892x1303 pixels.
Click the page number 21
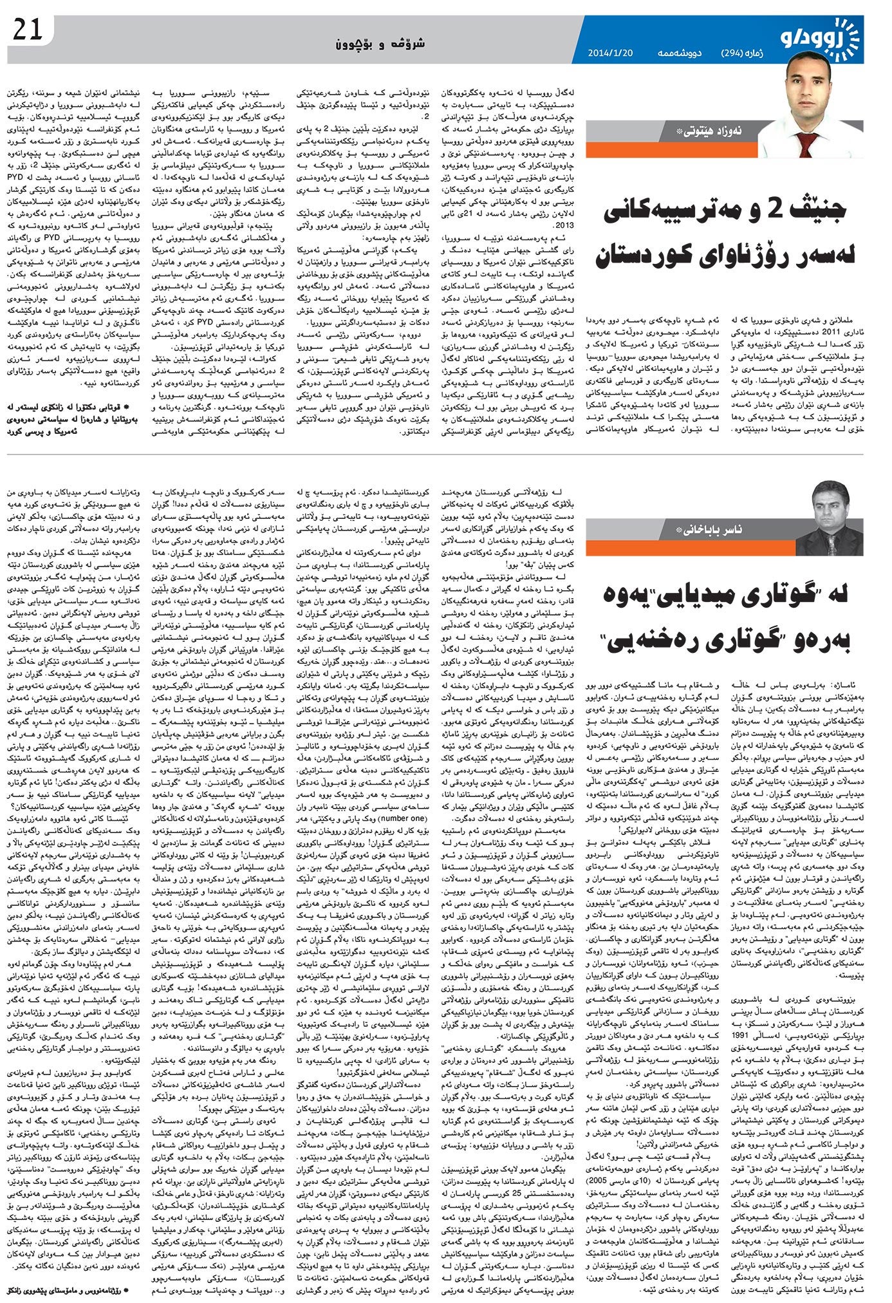[26, 30]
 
